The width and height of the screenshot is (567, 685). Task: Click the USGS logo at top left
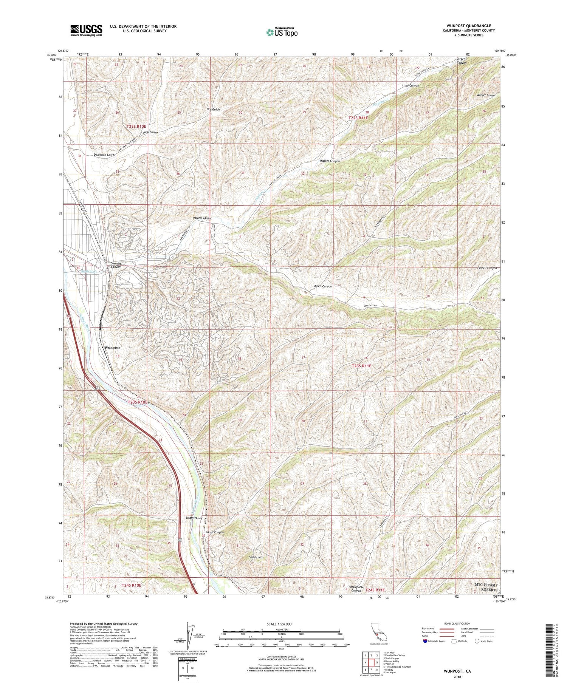click(86, 30)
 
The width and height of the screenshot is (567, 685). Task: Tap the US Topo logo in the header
click(282, 32)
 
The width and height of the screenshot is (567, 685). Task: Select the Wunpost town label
click(112, 347)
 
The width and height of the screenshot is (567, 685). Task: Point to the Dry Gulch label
click(213, 110)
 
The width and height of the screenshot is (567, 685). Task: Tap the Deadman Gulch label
click(104, 155)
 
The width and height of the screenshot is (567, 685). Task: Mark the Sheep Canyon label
click(322, 286)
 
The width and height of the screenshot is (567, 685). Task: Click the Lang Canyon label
click(411, 86)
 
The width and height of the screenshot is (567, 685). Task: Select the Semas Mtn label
click(256, 557)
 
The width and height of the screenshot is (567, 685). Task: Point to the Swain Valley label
click(194, 518)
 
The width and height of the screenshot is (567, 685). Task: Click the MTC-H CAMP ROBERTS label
click(486, 588)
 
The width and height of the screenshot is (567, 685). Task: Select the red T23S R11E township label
click(362, 366)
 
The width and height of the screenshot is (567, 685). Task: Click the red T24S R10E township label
click(131, 585)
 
